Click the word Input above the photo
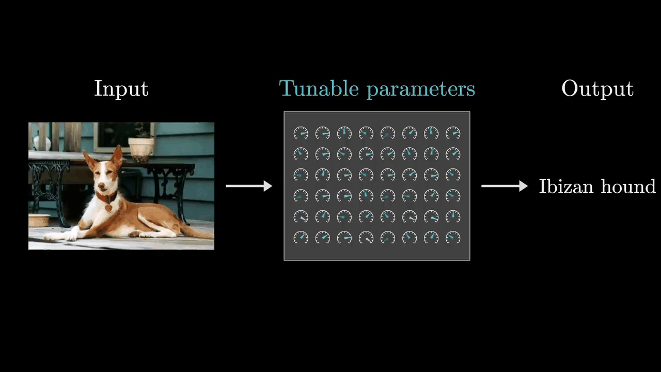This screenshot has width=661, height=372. pyautogui.click(x=121, y=89)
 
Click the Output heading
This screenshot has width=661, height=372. pyautogui.click(x=597, y=89)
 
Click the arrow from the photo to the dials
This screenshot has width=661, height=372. pyautogui.click(x=249, y=186)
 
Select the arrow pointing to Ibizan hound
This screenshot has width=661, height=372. pyautogui.click(x=504, y=186)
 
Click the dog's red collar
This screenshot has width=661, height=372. pyautogui.click(x=106, y=198)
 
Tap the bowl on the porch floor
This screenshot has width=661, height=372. pyautogui.click(x=39, y=220)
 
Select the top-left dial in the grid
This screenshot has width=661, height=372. pyautogui.click(x=301, y=133)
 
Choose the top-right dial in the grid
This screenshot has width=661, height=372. pyautogui.click(x=453, y=133)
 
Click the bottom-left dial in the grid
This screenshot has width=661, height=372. pyautogui.click(x=301, y=237)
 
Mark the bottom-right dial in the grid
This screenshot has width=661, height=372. pyautogui.click(x=453, y=237)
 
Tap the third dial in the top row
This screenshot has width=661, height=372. pyautogui.click(x=344, y=133)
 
